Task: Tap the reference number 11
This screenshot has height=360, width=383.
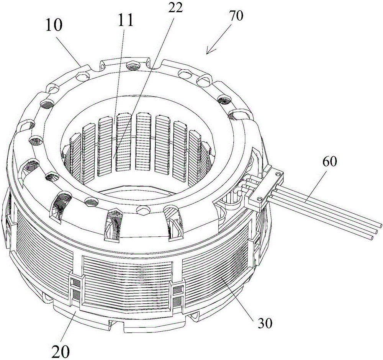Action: click(126, 21)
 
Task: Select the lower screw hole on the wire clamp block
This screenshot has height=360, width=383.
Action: click(260, 199)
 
